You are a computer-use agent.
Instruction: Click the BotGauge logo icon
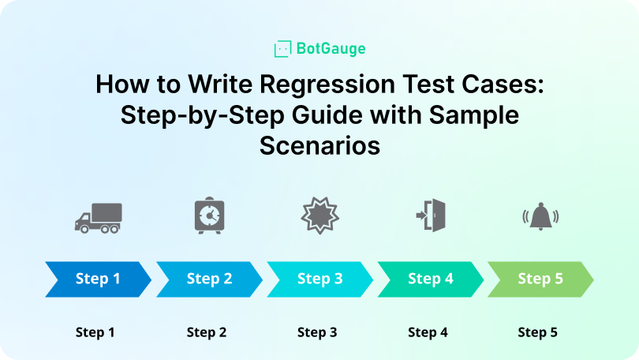click(x=282, y=49)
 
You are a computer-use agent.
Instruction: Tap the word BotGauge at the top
click(x=331, y=49)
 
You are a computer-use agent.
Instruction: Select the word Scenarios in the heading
click(x=319, y=145)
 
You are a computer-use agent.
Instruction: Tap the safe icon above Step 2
click(x=209, y=215)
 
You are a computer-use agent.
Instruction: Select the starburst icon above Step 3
click(x=319, y=215)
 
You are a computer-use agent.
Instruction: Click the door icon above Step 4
click(x=431, y=215)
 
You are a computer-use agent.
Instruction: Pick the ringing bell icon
click(x=540, y=215)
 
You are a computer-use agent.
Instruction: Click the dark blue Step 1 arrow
click(x=98, y=279)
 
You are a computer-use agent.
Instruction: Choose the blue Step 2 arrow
click(x=209, y=279)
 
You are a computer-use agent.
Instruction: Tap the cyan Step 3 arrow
click(x=319, y=279)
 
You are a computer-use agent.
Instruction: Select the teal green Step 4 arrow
click(x=430, y=279)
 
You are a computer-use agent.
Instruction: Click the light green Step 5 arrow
click(x=540, y=279)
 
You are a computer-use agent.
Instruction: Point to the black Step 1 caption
click(x=95, y=332)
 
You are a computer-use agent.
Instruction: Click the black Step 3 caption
click(x=317, y=332)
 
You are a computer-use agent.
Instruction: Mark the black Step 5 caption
click(x=537, y=332)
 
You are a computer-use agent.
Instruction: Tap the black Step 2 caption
click(x=207, y=332)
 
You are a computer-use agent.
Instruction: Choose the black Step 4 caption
click(x=428, y=332)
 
